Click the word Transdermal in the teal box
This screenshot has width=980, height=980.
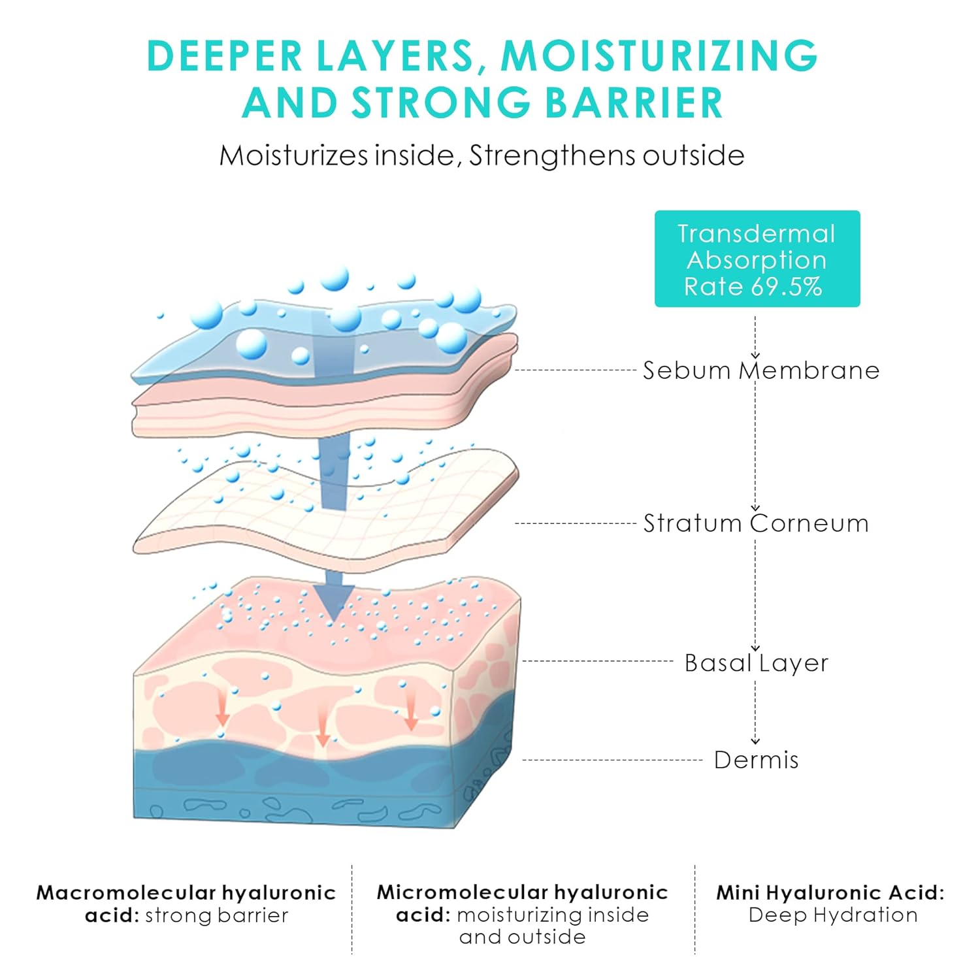coord(757,234)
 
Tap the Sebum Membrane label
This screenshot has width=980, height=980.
coord(761,370)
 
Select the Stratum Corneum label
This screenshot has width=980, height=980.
coord(756,523)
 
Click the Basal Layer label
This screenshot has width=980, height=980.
coord(756,663)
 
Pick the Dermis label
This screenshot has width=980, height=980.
coord(756,760)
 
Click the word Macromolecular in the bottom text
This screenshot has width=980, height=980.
coord(125,892)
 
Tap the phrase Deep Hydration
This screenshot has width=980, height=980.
coord(833,915)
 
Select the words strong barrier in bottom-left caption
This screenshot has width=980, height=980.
coord(216,915)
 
